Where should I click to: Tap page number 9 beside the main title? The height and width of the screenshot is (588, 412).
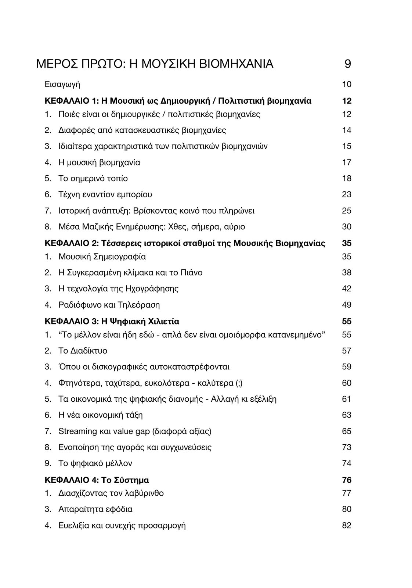click(347, 64)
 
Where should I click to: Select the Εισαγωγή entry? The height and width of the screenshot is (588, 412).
click(62, 85)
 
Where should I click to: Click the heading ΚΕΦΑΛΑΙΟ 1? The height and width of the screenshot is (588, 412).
click(69, 101)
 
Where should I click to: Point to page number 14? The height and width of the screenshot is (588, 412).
click(347, 130)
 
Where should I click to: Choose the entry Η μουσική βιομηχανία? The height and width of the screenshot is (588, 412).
click(99, 162)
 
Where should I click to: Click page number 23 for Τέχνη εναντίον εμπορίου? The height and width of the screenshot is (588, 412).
click(347, 194)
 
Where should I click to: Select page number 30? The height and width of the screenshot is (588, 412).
click(347, 227)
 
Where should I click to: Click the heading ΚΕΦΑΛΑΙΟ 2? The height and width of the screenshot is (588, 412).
click(69, 243)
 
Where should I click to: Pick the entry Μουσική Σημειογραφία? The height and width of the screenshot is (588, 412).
click(102, 257)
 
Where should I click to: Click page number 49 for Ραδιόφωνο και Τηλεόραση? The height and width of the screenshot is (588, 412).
click(347, 305)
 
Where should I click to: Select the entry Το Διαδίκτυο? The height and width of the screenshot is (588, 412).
click(83, 351)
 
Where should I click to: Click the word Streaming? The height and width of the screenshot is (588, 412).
click(77, 431)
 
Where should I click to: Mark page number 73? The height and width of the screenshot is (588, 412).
click(347, 447)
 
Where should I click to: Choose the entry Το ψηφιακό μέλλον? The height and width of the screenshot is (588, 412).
click(95, 463)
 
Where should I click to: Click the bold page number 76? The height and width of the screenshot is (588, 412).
click(347, 480)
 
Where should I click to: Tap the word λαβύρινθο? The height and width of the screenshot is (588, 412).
click(146, 493)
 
